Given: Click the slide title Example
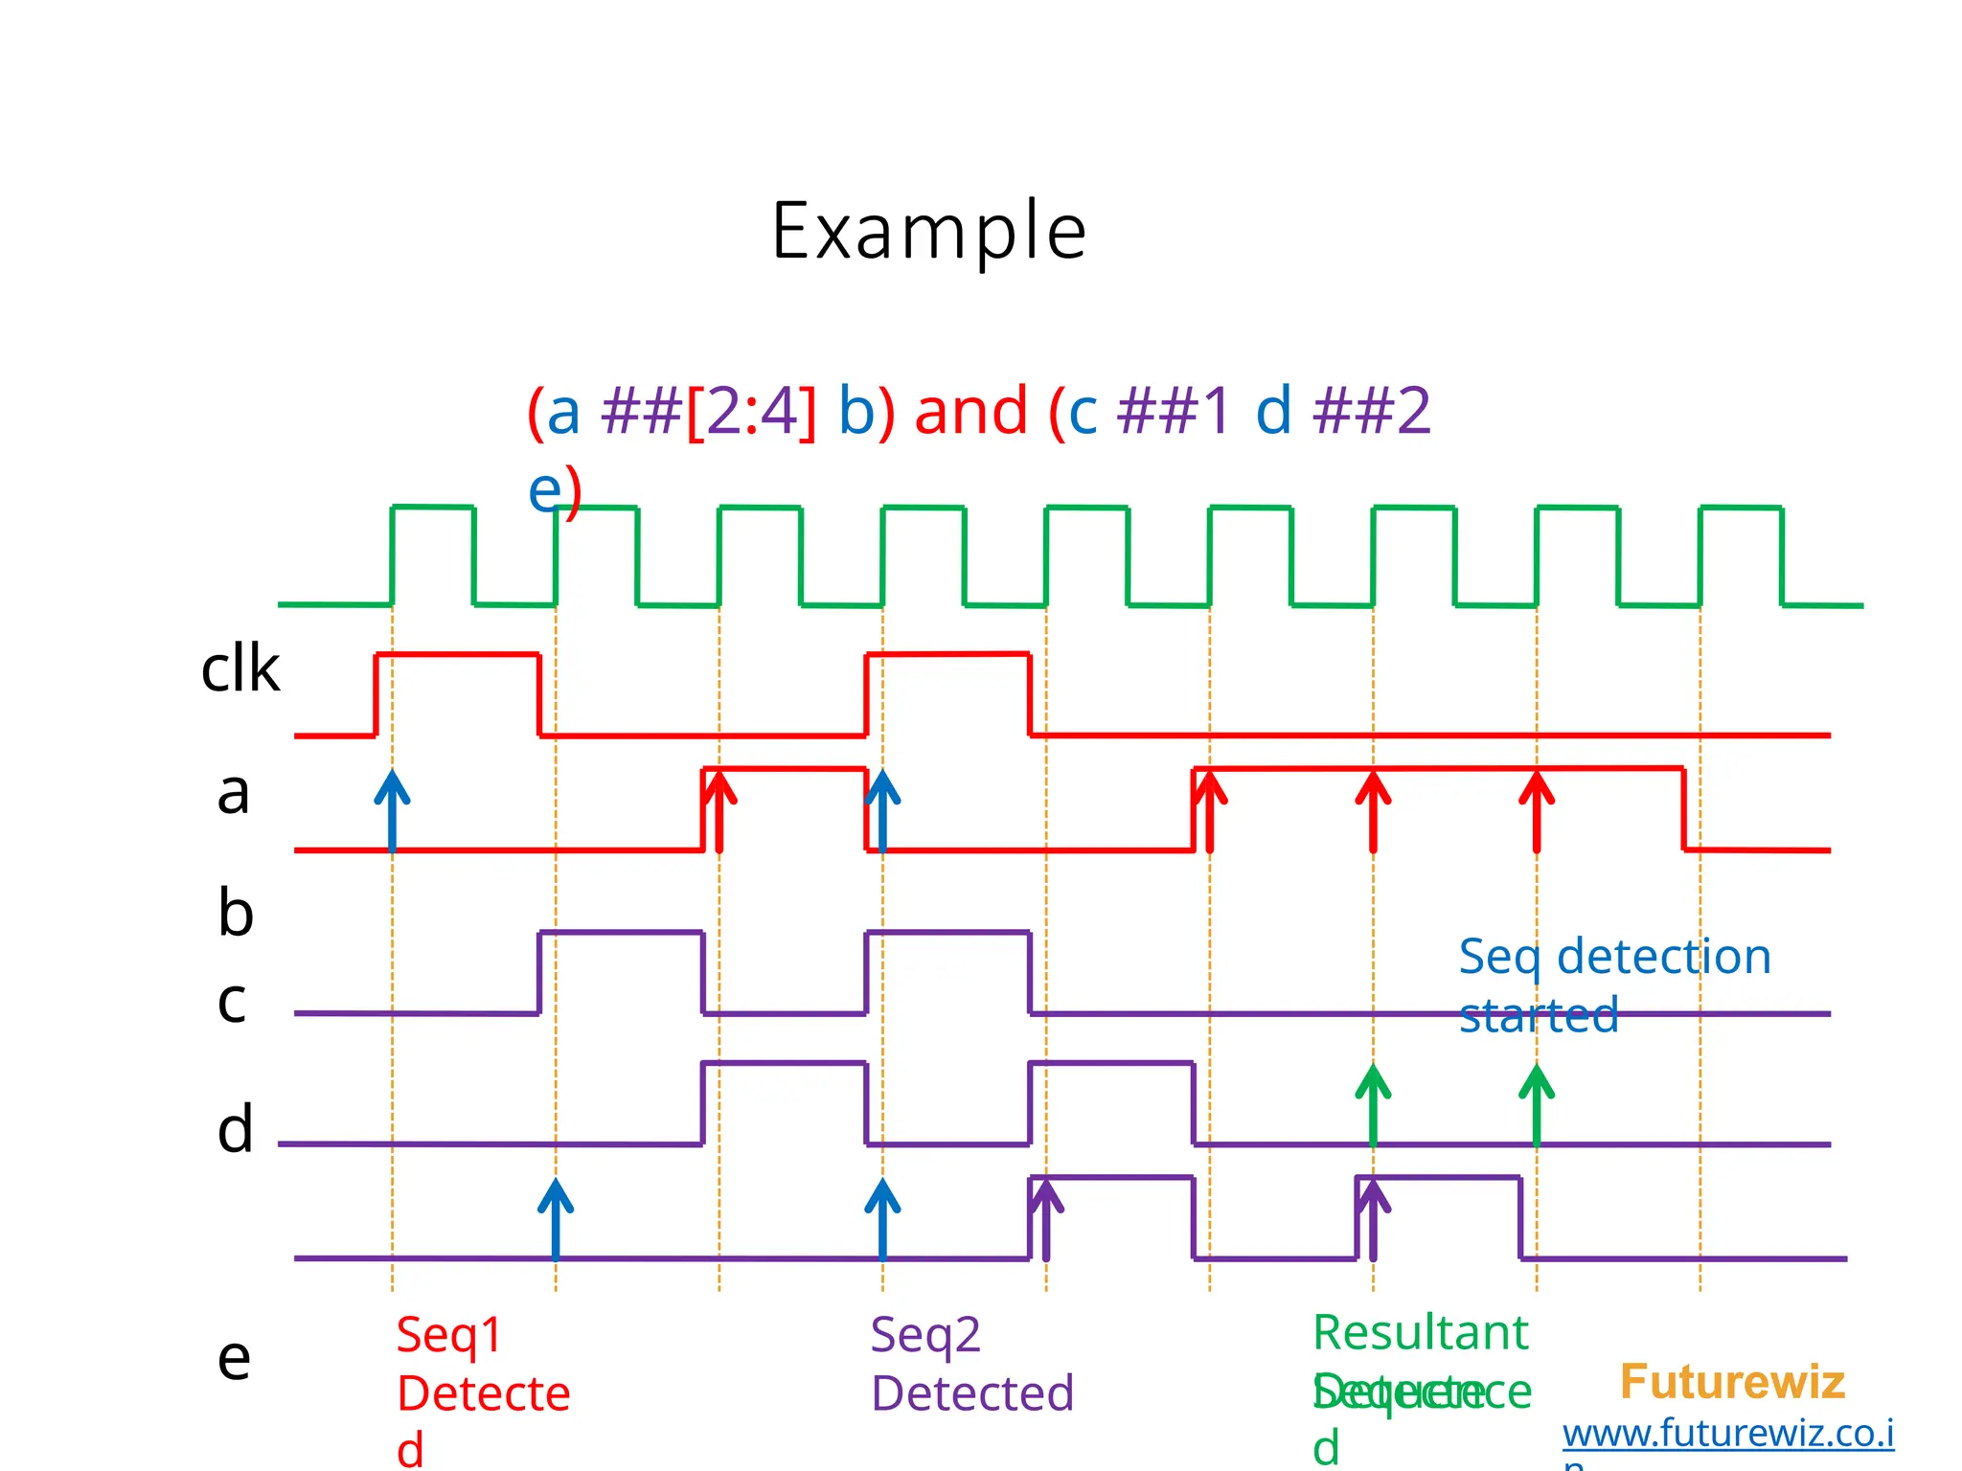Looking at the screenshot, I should (x=928, y=231).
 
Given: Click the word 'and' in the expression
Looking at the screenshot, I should (x=970, y=411).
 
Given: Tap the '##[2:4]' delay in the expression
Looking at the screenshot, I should (x=709, y=411).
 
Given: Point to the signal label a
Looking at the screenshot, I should (x=233, y=793).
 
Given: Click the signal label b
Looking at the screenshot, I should (x=236, y=912).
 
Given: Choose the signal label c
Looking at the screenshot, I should (x=232, y=1002).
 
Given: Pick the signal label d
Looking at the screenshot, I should (x=236, y=1129).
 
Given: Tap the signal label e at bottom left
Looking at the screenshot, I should (x=234, y=1358).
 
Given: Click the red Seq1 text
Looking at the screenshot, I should (x=449, y=1335).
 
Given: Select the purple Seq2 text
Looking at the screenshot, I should (x=925, y=1335).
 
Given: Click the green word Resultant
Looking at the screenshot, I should (x=1420, y=1332).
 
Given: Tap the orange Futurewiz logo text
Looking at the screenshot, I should (x=1732, y=1382).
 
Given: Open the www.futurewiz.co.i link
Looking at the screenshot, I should (x=1727, y=1434).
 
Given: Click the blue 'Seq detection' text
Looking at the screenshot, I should (x=1614, y=957).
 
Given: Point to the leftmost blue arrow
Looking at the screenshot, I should (x=392, y=810).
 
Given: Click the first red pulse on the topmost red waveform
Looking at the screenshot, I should (x=458, y=656).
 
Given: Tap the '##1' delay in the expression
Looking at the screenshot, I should (x=1174, y=411).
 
